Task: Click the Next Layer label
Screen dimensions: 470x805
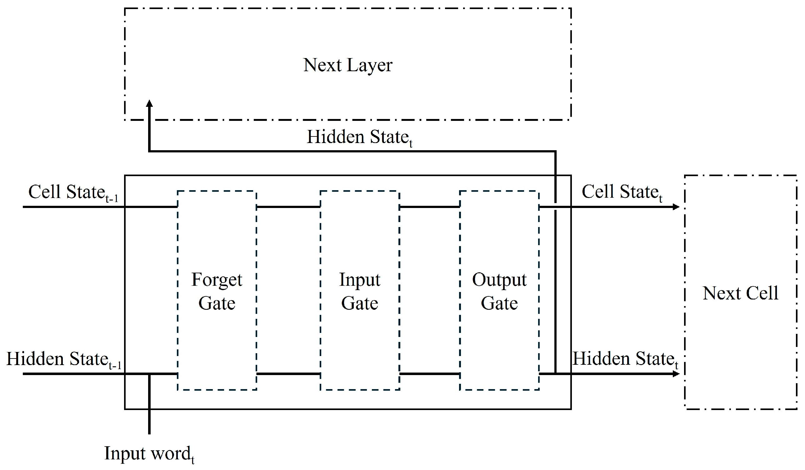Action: (347, 66)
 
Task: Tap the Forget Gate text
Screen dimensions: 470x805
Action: (217, 291)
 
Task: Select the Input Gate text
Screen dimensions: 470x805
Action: (360, 291)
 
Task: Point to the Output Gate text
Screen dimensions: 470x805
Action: (499, 291)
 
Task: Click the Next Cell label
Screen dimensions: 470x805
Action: (741, 293)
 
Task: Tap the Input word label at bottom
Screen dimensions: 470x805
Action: (149, 454)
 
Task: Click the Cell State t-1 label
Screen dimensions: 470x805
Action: (73, 193)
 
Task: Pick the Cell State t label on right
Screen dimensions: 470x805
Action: (622, 193)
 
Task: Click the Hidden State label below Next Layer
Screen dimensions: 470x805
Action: (359, 138)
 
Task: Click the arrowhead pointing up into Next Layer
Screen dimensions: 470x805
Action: (149, 103)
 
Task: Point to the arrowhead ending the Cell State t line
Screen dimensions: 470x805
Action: (676, 207)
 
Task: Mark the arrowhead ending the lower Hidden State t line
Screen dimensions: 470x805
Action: (676, 374)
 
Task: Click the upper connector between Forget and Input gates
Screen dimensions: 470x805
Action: (288, 207)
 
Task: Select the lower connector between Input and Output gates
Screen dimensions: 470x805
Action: (430, 374)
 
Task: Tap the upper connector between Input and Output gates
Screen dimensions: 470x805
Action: (430, 207)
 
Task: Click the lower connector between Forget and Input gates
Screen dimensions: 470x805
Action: (288, 374)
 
